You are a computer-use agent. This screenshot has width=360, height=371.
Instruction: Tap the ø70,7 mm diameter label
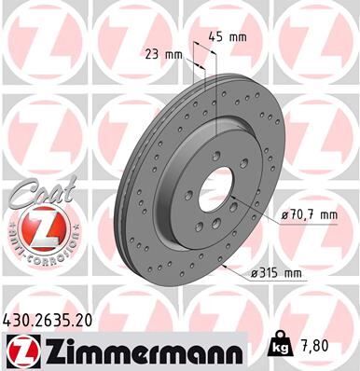coord(307,215)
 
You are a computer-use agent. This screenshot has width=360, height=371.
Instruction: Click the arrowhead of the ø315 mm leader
coord(226,261)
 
